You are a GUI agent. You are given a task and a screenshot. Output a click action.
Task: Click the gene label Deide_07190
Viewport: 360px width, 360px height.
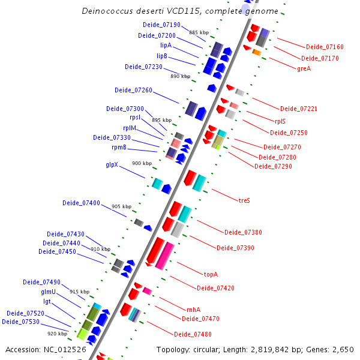click(161, 25)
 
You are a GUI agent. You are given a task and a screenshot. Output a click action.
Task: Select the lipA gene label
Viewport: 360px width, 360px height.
click(166, 45)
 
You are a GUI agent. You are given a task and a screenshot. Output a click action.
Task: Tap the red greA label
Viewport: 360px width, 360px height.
click(304, 68)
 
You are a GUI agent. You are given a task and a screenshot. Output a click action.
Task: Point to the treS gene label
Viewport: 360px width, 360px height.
click(244, 200)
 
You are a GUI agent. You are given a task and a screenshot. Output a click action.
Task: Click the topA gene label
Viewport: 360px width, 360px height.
click(211, 274)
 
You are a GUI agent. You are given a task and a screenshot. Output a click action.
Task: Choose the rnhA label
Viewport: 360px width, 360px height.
click(193, 310)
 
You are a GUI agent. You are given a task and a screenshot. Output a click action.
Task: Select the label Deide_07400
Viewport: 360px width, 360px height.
click(81, 203)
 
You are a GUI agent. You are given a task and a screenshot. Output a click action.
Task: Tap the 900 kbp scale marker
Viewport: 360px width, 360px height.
click(142, 163)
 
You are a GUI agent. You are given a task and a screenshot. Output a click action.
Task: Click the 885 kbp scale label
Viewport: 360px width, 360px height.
click(199, 32)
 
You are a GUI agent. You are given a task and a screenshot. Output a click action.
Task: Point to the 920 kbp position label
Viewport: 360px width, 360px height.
click(57, 334)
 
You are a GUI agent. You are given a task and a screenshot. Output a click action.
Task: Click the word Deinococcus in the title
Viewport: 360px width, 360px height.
click(104, 11)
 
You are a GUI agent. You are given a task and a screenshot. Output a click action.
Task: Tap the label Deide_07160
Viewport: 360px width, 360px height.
click(325, 47)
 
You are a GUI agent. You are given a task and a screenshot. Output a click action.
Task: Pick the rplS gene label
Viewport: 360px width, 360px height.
click(280, 121)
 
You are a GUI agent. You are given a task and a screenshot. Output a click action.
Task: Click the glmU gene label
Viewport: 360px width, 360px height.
click(48, 292)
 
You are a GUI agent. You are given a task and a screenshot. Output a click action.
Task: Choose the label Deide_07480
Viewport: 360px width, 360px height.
click(193, 334)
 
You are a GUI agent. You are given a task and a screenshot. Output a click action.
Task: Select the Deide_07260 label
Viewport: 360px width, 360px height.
click(133, 90)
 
